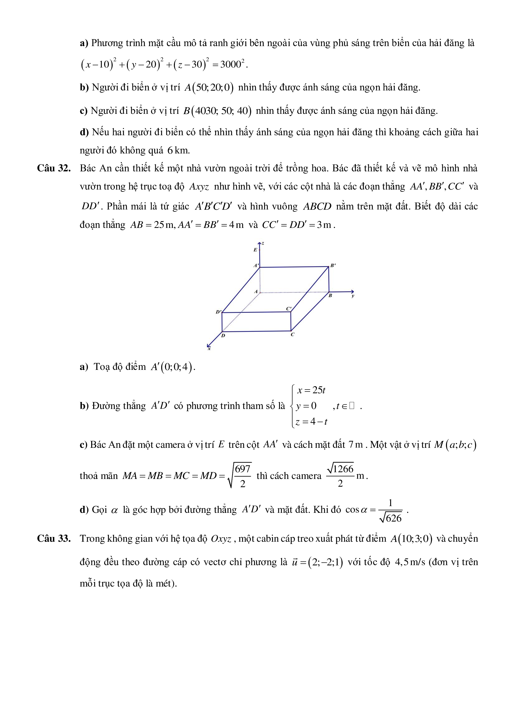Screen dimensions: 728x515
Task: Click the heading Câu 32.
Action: point(54,168)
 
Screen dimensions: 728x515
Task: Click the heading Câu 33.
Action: point(54,538)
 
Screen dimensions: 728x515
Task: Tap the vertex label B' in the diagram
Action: point(333,265)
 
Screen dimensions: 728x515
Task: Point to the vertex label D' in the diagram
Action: point(219,312)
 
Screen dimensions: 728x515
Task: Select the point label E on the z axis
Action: point(255,250)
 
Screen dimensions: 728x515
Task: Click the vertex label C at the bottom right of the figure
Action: point(293,334)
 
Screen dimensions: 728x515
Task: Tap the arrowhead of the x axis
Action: point(208,346)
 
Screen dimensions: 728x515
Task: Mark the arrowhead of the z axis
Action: point(260,244)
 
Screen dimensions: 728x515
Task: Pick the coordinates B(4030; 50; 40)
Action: point(217,111)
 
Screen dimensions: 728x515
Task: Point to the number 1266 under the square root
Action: point(343,469)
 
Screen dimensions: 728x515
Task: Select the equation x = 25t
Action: point(311,390)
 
